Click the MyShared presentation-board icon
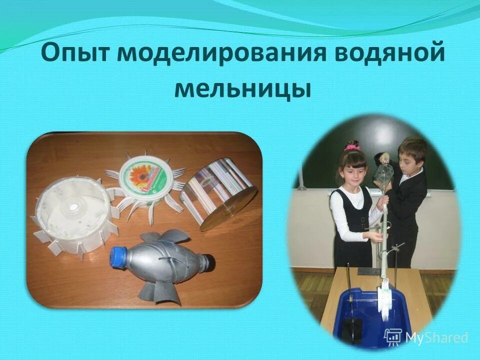coord(393,336)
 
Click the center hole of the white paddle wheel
coord(74,205)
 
